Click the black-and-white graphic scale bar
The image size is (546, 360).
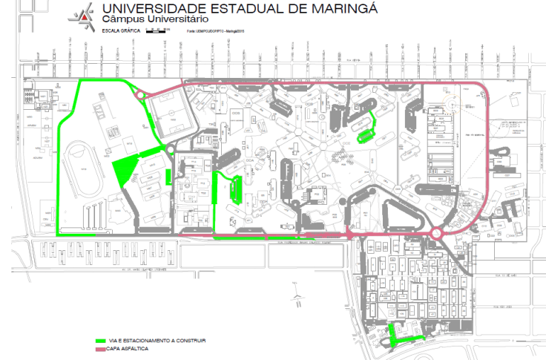(157, 30)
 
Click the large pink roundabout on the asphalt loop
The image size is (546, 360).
(435, 235)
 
